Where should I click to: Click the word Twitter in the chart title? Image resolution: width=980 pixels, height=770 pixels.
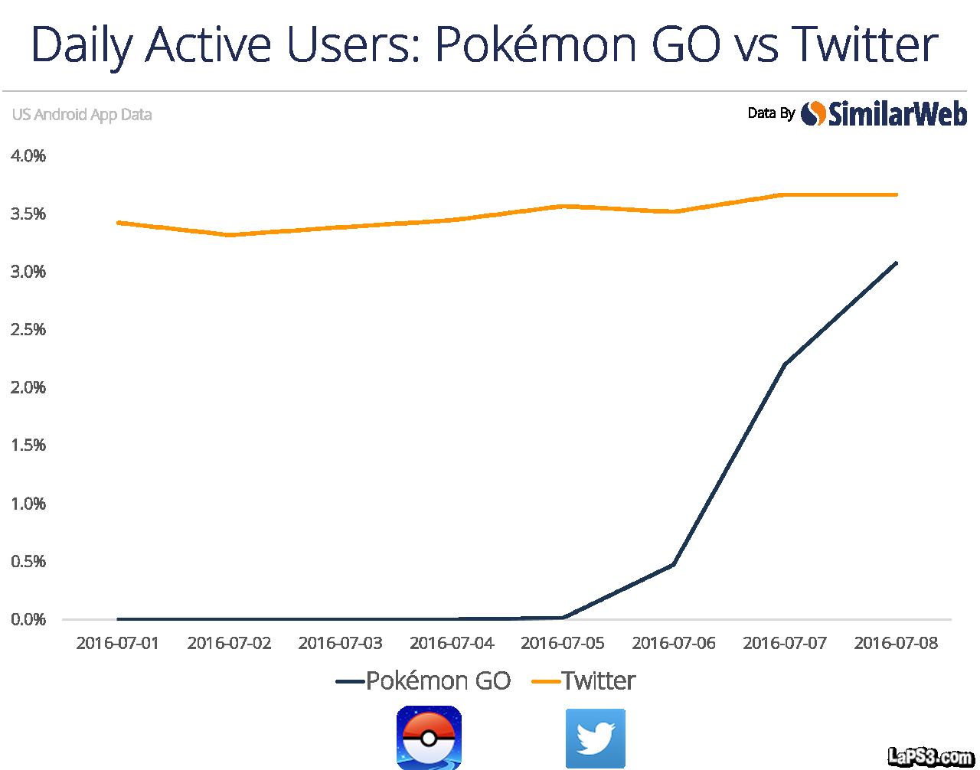tap(865, 44)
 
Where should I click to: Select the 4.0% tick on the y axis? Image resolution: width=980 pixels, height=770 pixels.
tap(28, 156)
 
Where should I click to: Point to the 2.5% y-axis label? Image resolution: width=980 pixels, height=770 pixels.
tap(28, 330)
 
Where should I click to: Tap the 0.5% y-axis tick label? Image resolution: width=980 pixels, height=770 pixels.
tap(28, 562)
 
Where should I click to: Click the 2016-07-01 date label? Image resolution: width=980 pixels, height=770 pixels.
tap(118, 644)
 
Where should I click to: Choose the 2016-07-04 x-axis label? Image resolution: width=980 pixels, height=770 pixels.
tap(452, 644)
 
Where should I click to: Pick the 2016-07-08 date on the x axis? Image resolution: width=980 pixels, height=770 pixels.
tap(896, 644)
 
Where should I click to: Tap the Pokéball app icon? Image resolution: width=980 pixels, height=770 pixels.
tap(429, 738)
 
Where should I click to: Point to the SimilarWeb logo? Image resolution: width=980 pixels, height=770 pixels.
tap(884, 114)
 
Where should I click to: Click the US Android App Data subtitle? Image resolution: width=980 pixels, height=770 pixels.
tap(82, 115)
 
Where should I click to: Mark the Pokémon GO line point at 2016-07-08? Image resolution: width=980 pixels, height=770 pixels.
tap(896, 263)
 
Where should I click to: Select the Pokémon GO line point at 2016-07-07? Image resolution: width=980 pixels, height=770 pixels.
tap(785, 364)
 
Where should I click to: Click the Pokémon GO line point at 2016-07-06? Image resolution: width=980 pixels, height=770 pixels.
tap(674, 564)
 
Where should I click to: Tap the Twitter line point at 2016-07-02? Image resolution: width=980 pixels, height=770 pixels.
tap(229, 235)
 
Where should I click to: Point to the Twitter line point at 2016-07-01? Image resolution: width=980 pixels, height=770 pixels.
tap(118, 223)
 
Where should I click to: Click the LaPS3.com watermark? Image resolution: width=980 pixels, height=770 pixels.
tap(930, 757)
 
